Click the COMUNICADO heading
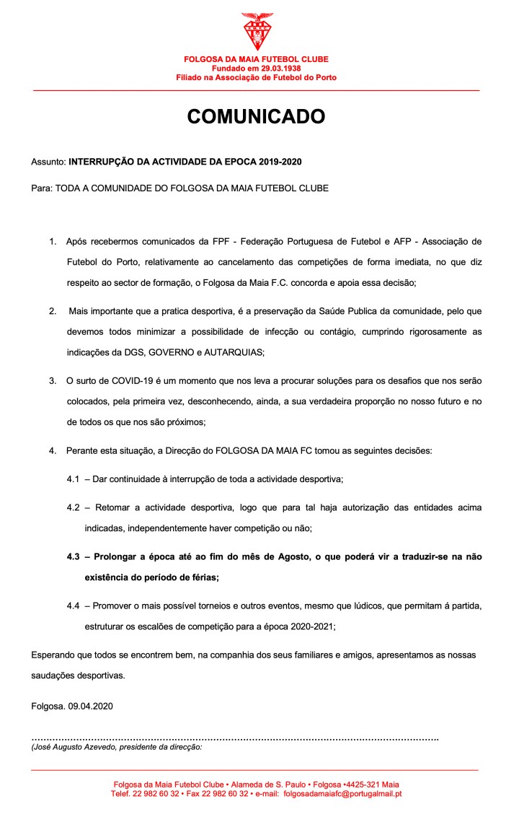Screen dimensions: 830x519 pyautogui.click(x=257, y=117)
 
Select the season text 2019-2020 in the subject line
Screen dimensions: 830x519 pyautogui.click(x=290, y=162)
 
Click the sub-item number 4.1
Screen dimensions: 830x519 pyautogui.click(x=74, y=479)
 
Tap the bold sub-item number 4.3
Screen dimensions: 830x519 pyautogui.click(x=74, y=557)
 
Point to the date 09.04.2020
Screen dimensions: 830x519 pyautogui.click(x=91, y=706)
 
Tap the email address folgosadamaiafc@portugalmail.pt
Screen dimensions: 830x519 pyautogui.click(x=342, y=794)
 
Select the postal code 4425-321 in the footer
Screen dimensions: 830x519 pyautogui.click(x=363, y=785)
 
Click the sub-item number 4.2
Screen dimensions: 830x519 pyautogui.click(x=74, y=507)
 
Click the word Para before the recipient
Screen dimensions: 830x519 pyautogui.click(x=41, y=188)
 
